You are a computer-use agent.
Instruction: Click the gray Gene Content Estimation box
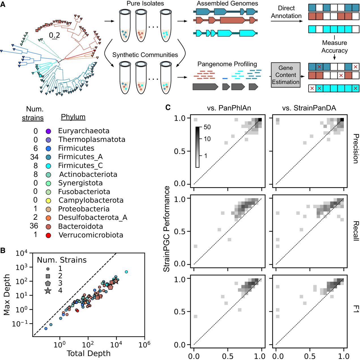[x=286, y=75]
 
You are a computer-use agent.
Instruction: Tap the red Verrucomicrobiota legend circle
[x=48, y=235]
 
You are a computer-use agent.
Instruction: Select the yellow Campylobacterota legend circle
[x=48, y=201]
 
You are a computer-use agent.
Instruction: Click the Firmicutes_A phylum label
[x=80, y=157]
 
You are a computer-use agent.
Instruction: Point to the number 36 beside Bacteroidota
[x=34, y=226]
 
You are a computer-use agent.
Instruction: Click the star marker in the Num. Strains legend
[x=48, y=290]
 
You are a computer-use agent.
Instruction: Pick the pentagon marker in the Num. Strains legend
[x=48, y=283]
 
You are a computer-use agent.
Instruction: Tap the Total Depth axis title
[x=89, y=354]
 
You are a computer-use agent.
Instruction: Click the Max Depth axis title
[x=7, y=295]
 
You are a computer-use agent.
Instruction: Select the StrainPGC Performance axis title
[x=167, y=229]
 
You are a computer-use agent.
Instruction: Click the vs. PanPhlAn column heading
[x=229, y=108]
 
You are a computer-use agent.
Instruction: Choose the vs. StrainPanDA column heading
[x=309, y=108]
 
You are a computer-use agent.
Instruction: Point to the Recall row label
[x=355, y=231]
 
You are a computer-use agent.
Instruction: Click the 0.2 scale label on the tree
[x=54, y=35]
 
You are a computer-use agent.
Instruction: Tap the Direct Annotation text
[x=286, y=12]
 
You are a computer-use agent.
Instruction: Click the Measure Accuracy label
[x=335, y=47]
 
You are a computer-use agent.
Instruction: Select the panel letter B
[x=3, y=251]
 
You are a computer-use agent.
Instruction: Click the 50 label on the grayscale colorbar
[x=207, y=127]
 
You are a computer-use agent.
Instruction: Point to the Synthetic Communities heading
[x=145, y=55]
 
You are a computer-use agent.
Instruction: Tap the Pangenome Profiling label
[x=227, y=64]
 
